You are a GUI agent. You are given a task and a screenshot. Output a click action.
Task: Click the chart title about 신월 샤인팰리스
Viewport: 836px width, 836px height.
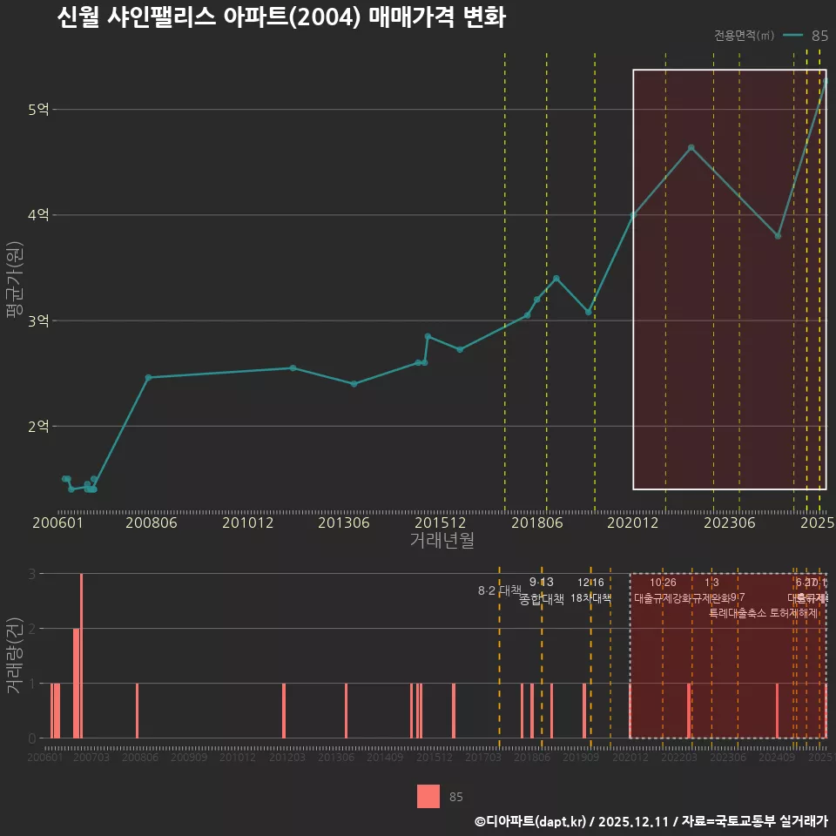click(280, 17)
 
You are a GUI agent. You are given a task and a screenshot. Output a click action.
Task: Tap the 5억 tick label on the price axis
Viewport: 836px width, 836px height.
click(39, 110)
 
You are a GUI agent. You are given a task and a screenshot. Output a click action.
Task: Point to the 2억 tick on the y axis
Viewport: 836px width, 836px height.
click(39, 427)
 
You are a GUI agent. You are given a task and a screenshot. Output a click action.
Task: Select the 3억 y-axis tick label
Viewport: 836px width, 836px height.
click(39, 321)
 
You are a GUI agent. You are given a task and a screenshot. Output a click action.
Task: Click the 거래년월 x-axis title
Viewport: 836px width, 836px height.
click(442, 540)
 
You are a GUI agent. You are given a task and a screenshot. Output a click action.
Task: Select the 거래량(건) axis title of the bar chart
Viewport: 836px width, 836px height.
click(13, 656)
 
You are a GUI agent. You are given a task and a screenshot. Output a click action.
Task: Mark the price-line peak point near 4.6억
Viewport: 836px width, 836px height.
click(691, 148)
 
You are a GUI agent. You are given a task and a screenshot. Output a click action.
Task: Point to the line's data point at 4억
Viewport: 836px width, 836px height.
click(633, 215)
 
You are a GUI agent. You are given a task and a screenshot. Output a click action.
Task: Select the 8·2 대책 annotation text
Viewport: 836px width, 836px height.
click(499, 590)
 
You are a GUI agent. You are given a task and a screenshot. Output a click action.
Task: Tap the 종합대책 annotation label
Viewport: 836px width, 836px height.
click(542, 599)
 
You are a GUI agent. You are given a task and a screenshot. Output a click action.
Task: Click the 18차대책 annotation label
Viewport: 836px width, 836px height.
click(591, 598)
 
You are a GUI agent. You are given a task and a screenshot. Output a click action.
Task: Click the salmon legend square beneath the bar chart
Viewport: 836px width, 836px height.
click(428, 796)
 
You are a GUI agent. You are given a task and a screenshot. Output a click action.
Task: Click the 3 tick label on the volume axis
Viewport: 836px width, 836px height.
click(32, 574)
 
